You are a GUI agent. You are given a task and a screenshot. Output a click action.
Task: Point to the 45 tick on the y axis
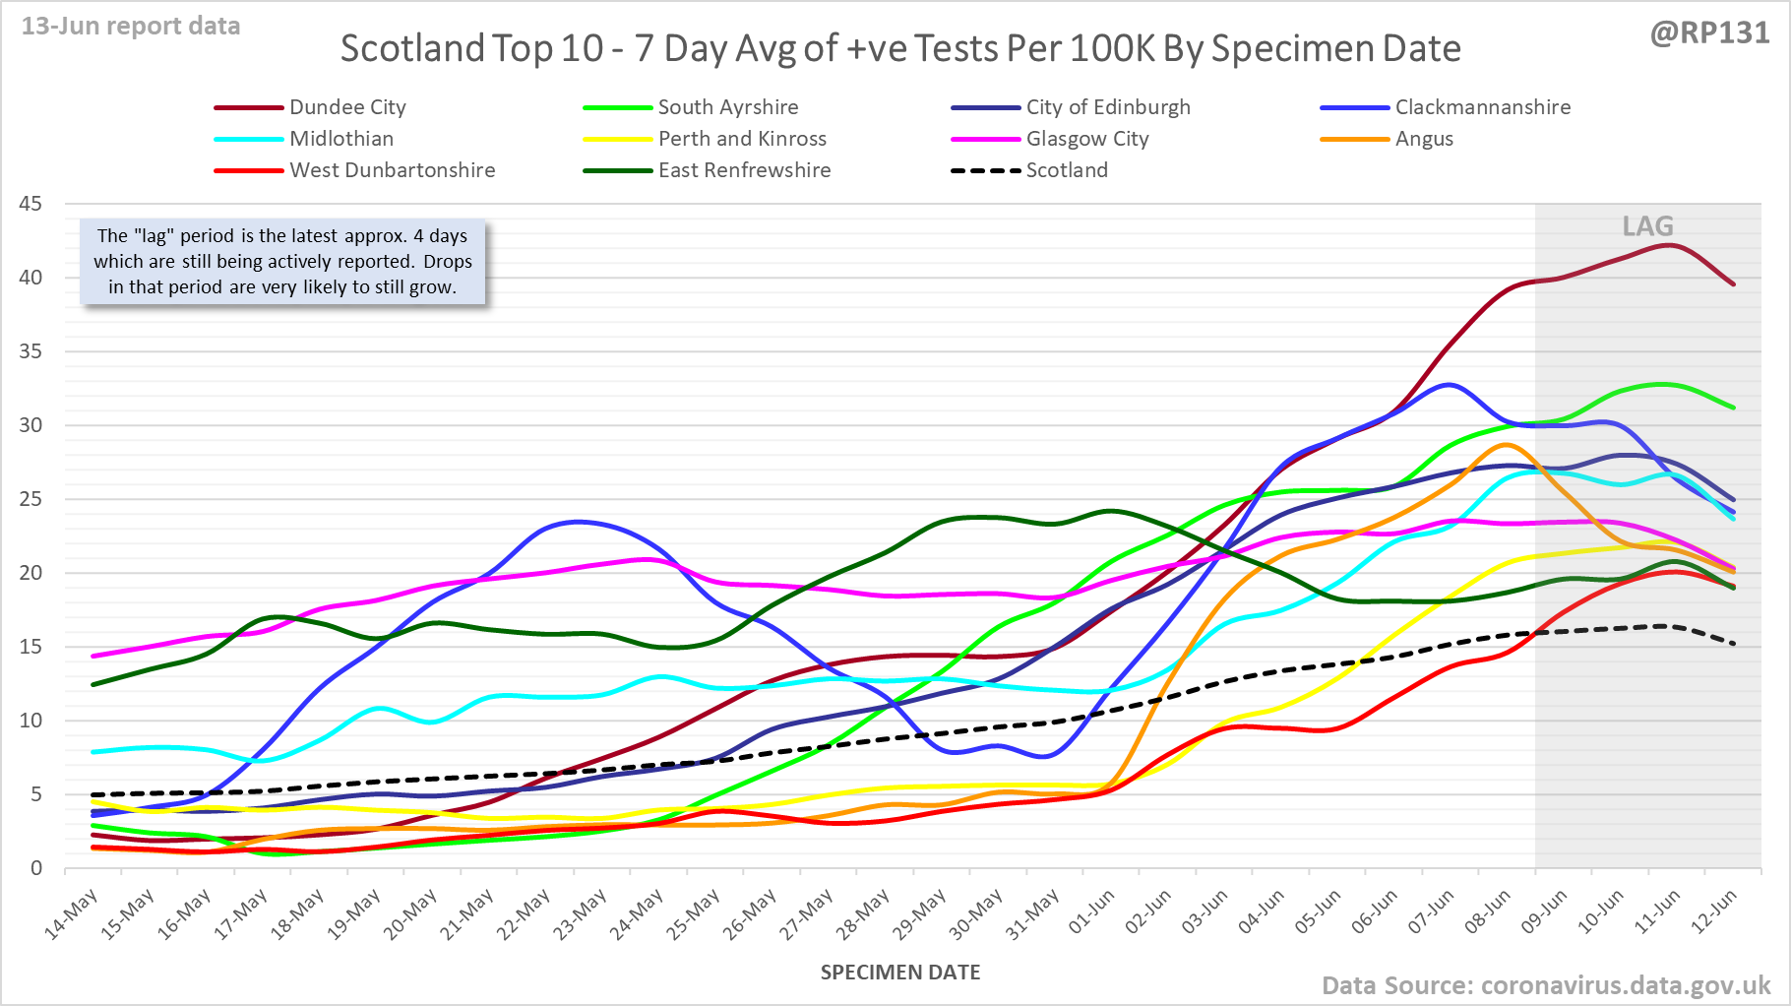31,204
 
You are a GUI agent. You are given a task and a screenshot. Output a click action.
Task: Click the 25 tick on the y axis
31,499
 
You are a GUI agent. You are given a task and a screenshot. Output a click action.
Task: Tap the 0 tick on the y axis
36,868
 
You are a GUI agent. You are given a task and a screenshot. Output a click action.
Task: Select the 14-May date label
73,912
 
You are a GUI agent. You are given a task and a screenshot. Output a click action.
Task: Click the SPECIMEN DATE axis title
900,973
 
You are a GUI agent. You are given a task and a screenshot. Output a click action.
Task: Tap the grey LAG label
1647,226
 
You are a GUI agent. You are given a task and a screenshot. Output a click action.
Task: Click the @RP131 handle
1709,33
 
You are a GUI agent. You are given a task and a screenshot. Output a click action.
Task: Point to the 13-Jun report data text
131,27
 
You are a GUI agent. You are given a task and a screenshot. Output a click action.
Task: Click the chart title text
900,48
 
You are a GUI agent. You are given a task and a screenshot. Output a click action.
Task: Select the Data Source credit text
1546,985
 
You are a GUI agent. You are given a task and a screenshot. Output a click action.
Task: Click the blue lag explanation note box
282,262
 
